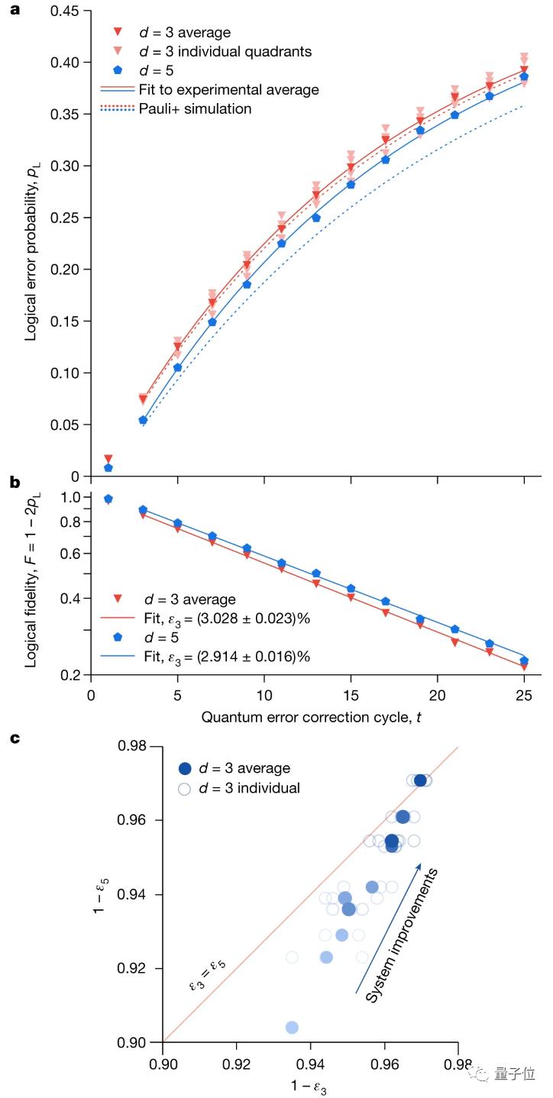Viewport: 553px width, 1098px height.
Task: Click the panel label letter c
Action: pos(13,740)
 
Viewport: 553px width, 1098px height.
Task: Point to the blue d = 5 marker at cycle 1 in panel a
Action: pos(108,467)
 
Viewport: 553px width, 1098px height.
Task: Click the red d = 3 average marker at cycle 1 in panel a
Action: pos(108,458)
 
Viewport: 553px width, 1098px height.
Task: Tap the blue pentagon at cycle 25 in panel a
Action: pos(524,76)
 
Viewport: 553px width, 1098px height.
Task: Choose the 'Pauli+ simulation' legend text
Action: pos(195,108)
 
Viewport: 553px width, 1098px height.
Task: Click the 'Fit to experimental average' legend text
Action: pos(228,89)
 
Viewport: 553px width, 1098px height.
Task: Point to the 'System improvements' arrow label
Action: pos(401,934)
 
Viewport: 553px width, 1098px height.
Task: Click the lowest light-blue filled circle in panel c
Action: pos(292,1027)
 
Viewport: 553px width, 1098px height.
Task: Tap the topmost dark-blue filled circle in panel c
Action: pos(420,780)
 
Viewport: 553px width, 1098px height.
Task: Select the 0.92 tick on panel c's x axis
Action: pos(237,1061)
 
